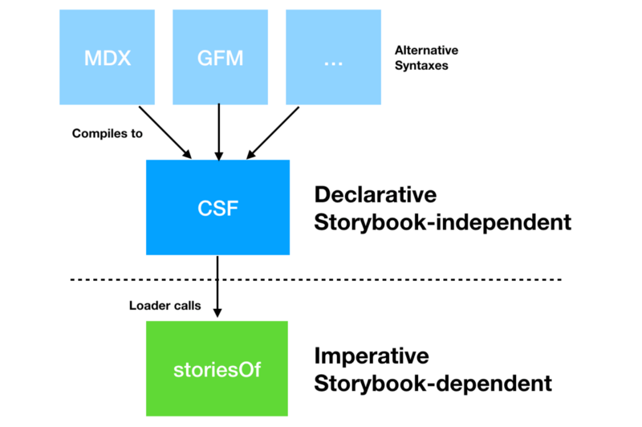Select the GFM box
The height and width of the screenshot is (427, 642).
click(x=218, y=58)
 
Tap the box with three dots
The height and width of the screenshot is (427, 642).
click(x=332, y=58)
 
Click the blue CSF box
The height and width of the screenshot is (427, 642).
click(x=217, y=208)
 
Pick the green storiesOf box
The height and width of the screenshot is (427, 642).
click(x=217, y=369)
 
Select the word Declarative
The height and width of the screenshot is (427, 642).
click(x=376, y=195)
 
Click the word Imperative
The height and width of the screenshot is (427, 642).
click(x=372, y=356)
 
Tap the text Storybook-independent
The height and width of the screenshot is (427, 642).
click(x=443, y=222)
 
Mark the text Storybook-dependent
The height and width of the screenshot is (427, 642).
click(x=433, y=383)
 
